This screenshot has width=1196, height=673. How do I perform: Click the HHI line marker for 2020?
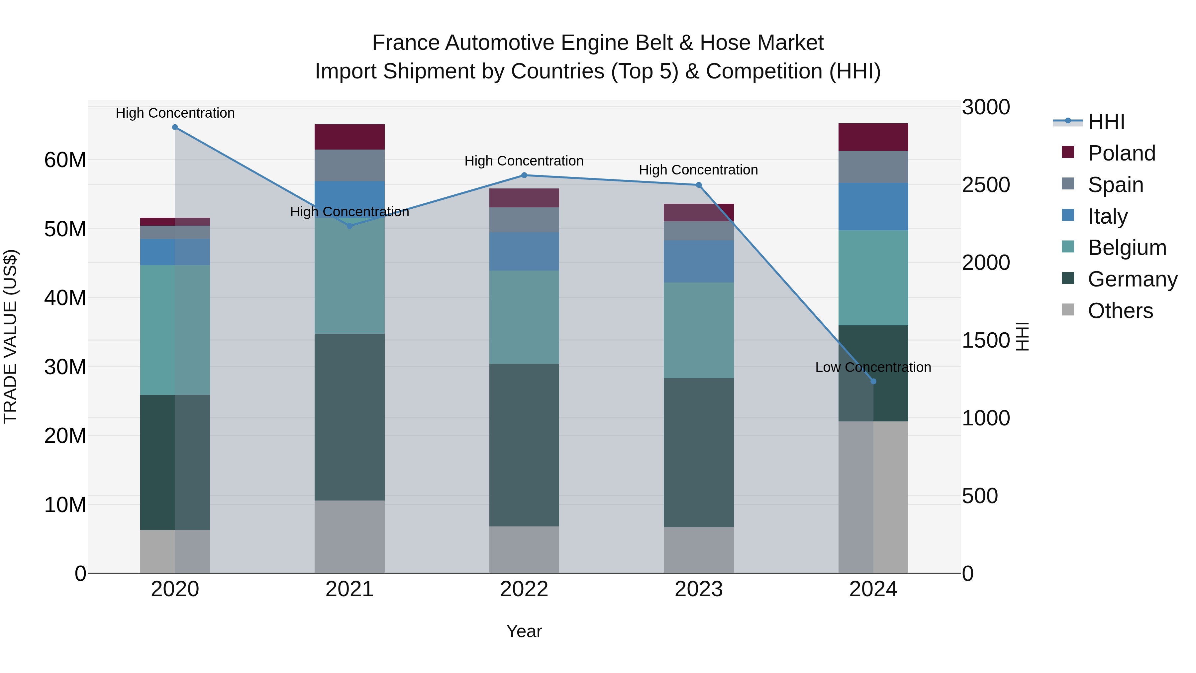pyautogui.click(x=175, y=127)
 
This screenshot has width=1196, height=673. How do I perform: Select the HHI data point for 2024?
pyautogui.click(x=873, y=381)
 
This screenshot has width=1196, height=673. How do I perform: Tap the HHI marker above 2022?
pyautogui.click(x=524, y=175)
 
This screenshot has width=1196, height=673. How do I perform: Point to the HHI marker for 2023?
pyautogui.click(x=699, y=185)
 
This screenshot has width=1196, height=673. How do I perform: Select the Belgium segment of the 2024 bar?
pyautogui.click(x=873, y=278)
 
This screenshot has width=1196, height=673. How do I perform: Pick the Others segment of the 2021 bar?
pyautogui.click(x=349, y=536)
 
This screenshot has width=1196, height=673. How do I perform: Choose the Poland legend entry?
pyautogui.click(x=1121, y=153)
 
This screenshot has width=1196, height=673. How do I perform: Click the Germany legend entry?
pyautogui.click(x=1132, y=279)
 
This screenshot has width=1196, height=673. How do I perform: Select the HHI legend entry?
pyautogui.click(x=1106, y=122)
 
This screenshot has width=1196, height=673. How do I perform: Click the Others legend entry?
pyautogui.click(x=1120, y=311)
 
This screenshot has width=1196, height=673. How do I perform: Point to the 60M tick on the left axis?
pyautogui.click(x=65, y=160)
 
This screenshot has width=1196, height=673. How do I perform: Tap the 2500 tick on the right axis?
pyautogui.click(x=985, y=185)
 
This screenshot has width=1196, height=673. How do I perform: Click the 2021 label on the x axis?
pyautogui.click(x=349, y=589)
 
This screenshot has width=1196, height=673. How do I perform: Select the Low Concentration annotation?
pyautogui.click(x=873, y=367)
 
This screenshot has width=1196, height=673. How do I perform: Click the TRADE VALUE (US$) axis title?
pyautogui.click(x=10, y=336)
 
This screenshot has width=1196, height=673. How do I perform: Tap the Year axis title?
pyautogui.click(x=524, y=631)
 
